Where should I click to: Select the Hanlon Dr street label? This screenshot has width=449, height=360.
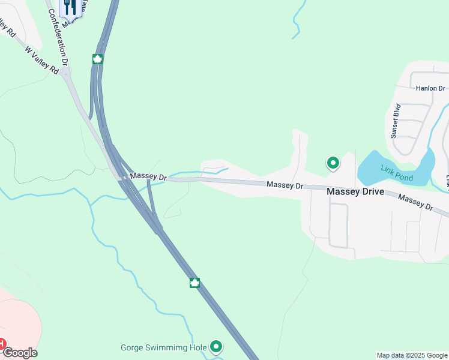[x=431, y=88]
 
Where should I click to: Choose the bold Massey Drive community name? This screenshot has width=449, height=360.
[x=355, y=192]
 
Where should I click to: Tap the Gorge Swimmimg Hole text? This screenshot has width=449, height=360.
[x=163, y=347]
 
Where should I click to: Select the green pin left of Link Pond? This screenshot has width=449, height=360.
[x=333, y=163]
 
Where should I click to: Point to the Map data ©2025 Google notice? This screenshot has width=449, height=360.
[x=412, y=355]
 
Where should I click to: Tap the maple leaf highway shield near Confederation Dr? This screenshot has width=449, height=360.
[x=97, y=59]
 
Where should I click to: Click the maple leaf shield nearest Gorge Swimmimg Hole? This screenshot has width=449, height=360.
[x=194, y=283]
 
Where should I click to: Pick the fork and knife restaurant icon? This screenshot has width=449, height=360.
[x=70, y=6]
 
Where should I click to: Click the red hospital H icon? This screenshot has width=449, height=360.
[x=2, y=344]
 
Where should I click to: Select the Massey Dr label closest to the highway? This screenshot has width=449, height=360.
[x=148, y=176]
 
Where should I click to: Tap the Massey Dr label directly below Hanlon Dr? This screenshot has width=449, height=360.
[x=415, y=202]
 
